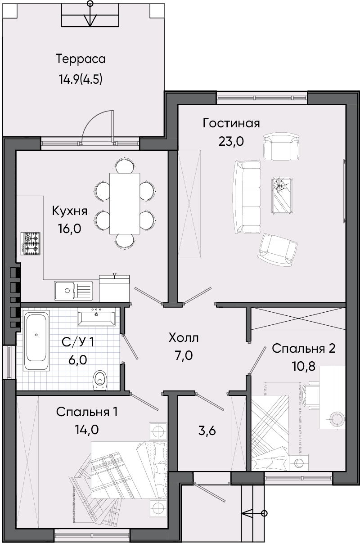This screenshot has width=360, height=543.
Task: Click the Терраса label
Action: tap(81, 59)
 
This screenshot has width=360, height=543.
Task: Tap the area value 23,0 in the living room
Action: tap(231, 141)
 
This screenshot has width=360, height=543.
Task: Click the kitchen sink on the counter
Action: tap(73, 290)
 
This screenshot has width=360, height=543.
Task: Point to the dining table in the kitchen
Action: tap(125, 203)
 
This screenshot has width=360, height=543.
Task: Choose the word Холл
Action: tap(184, 338)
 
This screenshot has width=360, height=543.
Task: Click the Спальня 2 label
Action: tap(303, 349)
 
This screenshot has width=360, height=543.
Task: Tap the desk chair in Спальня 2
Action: tap(310, 395)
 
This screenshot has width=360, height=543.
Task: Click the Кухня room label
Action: tap(70, 211)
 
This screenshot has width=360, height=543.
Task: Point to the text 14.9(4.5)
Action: tap(81, 79)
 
